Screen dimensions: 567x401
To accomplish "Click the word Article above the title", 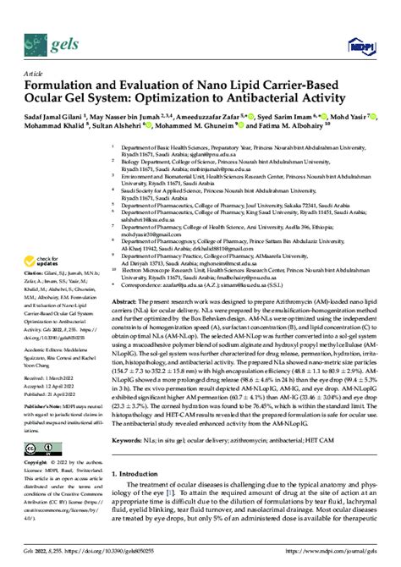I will tap(32, 74).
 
